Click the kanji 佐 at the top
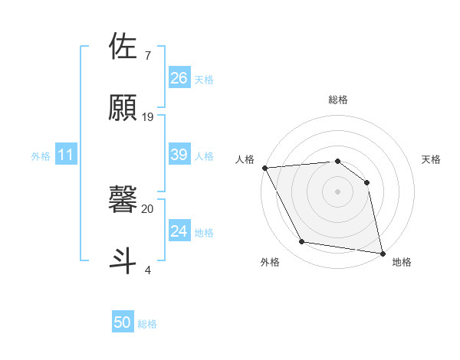pos(124,47)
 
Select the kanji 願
pos(124,108)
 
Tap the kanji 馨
pos(124,199)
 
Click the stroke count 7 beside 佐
pos(147,56)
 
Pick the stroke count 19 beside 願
pos(148,116)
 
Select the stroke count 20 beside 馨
pos(148,208)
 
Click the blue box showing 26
pos(179,78)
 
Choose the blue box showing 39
pos(179,155)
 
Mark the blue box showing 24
pos(179,231)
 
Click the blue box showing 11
pos(66,155)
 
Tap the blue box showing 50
pos(123,323)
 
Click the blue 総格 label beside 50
pos(147,324)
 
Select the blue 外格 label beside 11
pos(41,156)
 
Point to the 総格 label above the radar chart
pos(338,100)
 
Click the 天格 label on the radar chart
pos(432,159)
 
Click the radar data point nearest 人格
pos(264,168)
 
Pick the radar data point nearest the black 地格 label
pos(382,253)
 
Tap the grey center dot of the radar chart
pos(338,191)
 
